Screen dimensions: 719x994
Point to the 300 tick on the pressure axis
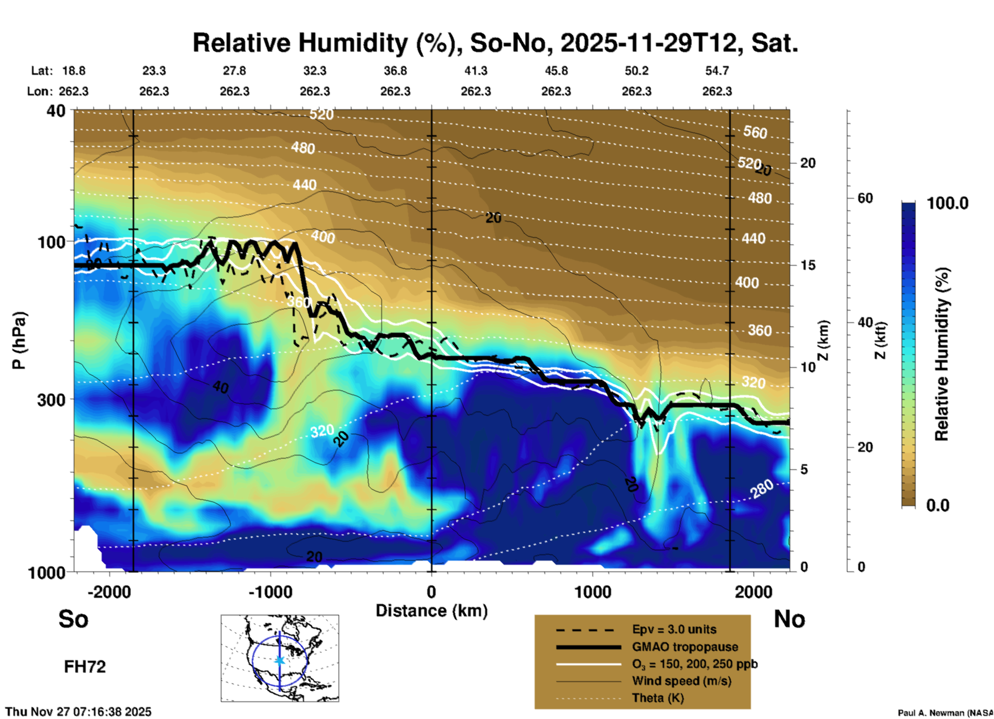tap(51, 400)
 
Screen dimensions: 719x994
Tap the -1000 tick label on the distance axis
tap(270, 592)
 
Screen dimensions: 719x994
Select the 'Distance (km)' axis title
tap(431, 611)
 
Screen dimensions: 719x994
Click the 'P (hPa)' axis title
tap(19, 340)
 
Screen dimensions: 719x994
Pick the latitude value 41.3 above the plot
tap(475, 71)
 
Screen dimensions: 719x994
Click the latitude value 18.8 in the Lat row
tap(74, 71)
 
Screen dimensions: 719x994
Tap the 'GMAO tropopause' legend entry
tap(685, 647)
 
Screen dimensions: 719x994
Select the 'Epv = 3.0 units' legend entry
tap(674, 630)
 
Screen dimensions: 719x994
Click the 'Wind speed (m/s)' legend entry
tap(681, 681)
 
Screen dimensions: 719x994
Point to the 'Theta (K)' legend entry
tap(658, 698)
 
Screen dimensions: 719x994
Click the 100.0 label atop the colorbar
tap(948, 203)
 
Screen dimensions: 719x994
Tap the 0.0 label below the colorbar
tap(938, 505)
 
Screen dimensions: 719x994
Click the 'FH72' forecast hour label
tap(85, 667)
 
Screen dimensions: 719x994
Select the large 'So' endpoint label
tap(73, 619)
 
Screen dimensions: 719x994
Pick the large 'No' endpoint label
tap(789, 619)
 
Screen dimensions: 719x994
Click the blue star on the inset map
tap(280, 660)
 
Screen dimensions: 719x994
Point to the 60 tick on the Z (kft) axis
tap(865, 198)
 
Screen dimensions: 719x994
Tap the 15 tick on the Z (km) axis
tap(808, 265)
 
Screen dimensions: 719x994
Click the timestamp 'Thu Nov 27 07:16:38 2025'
tap(78, 712)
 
